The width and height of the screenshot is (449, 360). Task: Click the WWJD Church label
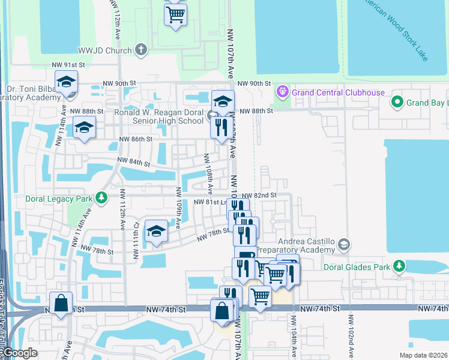coord(104,50)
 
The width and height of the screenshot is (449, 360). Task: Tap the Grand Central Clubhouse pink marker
coord(282,92)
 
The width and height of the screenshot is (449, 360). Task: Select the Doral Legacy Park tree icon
coord(102,197)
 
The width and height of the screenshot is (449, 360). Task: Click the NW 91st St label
coord(68,65)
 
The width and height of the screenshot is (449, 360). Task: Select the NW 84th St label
coord(133,162)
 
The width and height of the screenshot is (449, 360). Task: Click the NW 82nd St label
coord(259,196)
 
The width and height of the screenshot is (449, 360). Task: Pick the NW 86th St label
coord(136,139)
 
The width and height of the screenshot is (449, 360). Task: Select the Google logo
coord(20,353)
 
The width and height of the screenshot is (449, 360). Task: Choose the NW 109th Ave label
coord(178,204)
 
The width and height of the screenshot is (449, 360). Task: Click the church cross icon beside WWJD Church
coord(141,49)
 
